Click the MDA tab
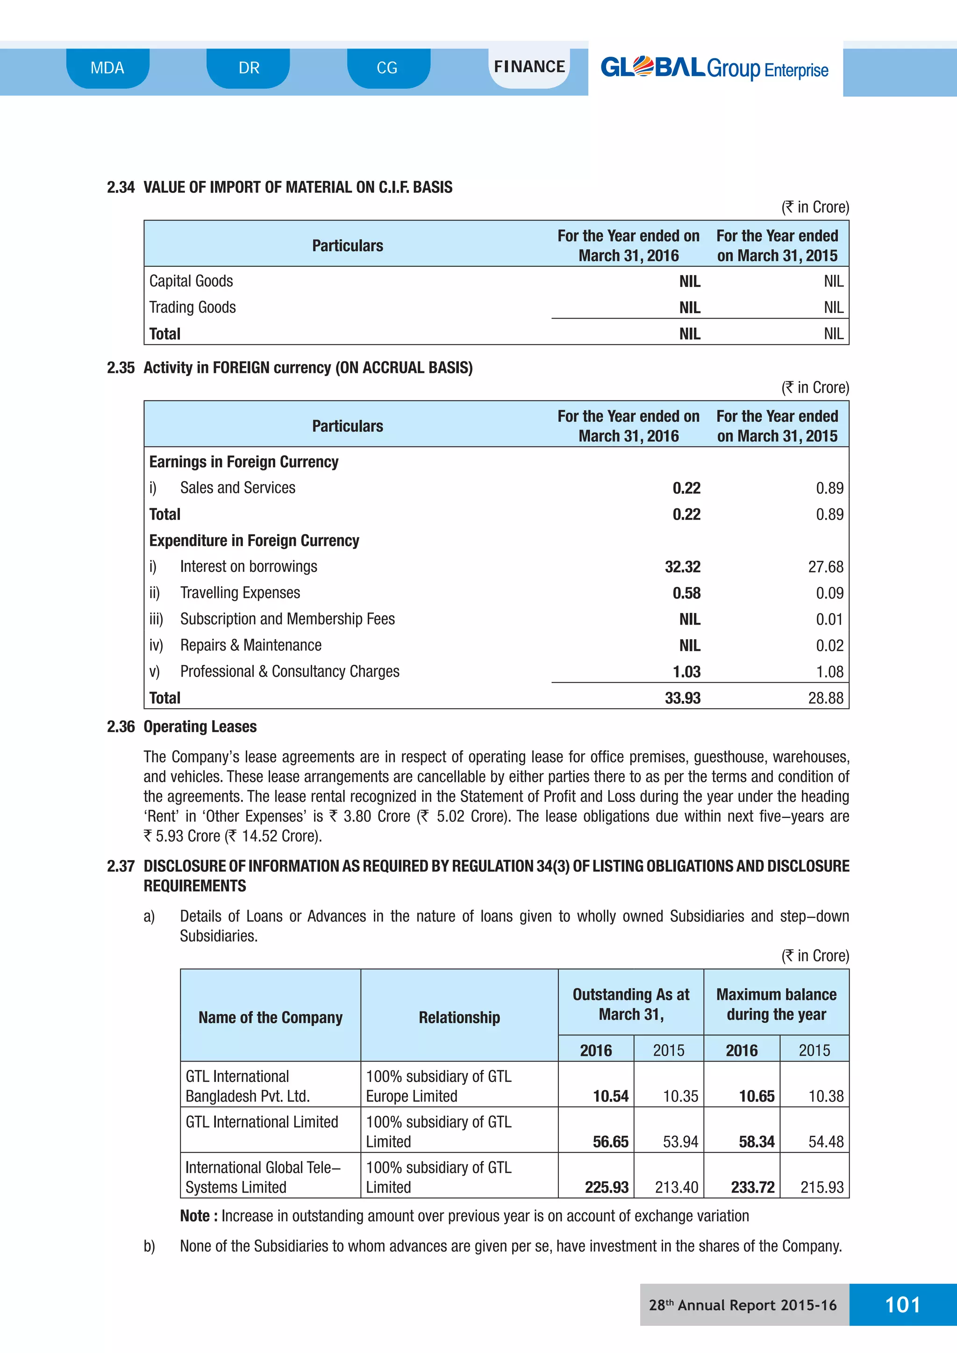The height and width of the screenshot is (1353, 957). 107,68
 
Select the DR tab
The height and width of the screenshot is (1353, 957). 249,68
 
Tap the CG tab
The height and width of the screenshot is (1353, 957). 387,68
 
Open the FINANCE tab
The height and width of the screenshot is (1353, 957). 529,67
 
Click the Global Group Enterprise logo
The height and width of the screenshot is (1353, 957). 714,68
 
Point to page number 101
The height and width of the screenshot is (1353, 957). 902,1305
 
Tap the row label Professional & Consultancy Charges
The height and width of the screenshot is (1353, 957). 289,672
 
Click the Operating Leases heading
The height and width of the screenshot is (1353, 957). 200,726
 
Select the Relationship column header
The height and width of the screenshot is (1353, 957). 459,1018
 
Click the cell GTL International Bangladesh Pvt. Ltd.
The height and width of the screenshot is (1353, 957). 248,1086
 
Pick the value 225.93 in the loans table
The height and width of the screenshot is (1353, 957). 607,1188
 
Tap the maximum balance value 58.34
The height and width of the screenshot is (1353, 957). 756,1142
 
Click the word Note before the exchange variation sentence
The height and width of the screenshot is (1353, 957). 195,1216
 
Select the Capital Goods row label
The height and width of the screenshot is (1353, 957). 191,281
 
